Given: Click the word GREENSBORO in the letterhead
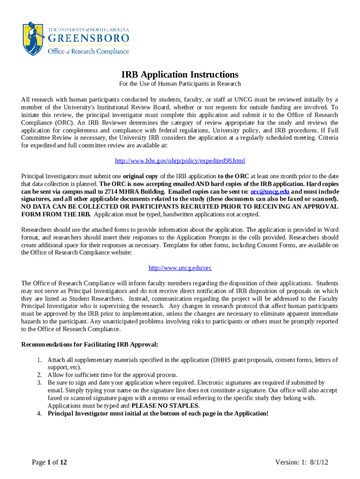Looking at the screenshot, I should point(88,38).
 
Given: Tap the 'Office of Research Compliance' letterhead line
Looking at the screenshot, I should point(88,51).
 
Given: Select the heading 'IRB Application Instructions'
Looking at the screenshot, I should point(180,75).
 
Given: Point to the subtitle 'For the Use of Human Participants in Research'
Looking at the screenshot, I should point(180,84).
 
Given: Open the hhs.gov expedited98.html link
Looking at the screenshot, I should point(180,161).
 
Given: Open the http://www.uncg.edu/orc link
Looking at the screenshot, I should point(180,268).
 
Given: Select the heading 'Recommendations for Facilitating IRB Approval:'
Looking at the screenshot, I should point(90,345).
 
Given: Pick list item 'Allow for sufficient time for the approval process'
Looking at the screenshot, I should point(112,375).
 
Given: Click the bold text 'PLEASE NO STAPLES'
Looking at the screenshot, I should point(165,406).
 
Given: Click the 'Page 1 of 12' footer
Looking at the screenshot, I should point(50,462).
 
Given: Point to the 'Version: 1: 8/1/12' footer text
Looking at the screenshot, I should point(302,462).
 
